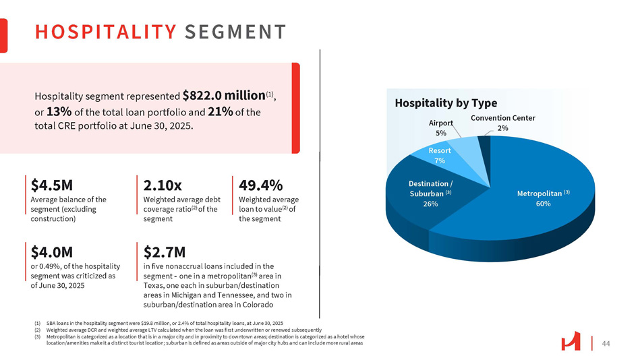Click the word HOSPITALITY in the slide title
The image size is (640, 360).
point(105,32)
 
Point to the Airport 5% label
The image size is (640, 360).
point(441,129)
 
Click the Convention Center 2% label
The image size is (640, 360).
point(502,123)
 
